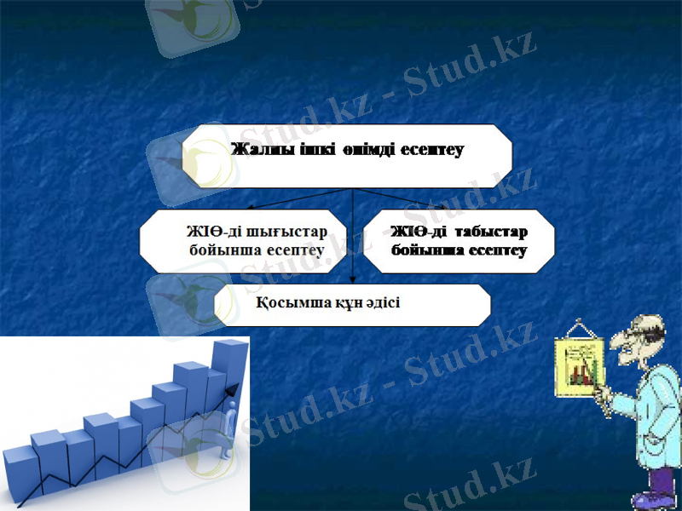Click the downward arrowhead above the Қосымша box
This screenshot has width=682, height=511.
click(354, 277)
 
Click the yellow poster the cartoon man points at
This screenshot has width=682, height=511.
click(580, 366)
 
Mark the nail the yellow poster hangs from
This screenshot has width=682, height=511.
click(579, 320)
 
